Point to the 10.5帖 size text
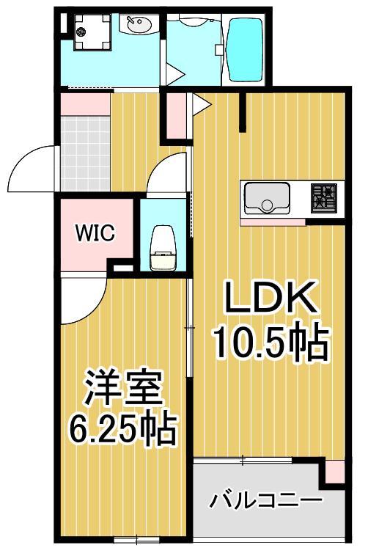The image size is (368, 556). point(271,342)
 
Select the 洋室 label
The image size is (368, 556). point(122,389)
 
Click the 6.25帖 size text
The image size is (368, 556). point(122,429)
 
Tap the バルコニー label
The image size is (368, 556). point(267,502)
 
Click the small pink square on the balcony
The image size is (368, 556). point(334,472)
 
